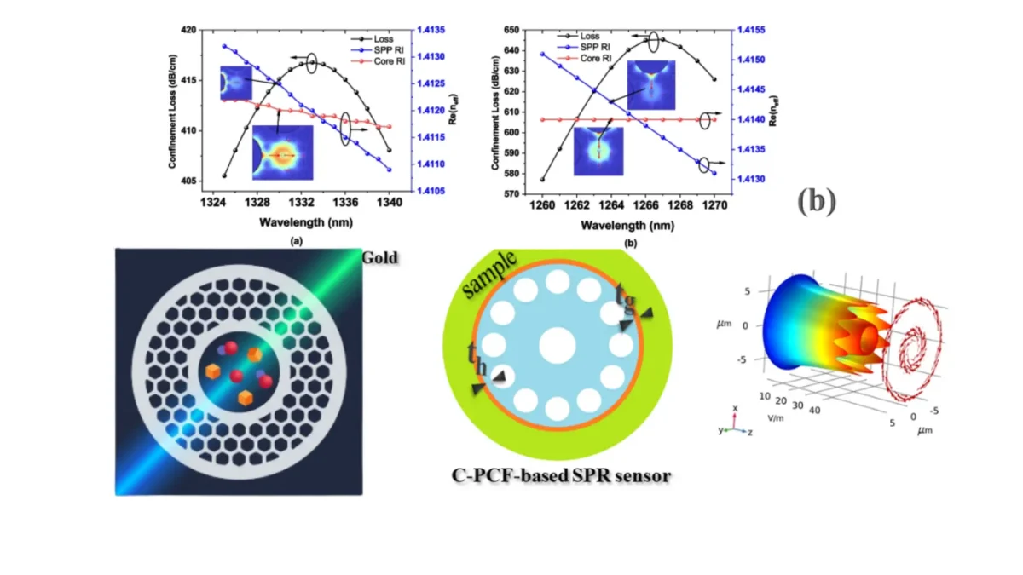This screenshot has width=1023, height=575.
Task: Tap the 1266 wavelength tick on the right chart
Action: [x=645, y=203]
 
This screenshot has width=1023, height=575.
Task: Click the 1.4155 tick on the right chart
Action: [x=750, y=30]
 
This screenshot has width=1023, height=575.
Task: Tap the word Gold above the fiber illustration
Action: [x=379, y=257]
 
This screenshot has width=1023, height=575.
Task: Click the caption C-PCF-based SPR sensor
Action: [x=560, y=474]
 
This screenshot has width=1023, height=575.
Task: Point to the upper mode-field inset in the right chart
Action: [x=650, y=85]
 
